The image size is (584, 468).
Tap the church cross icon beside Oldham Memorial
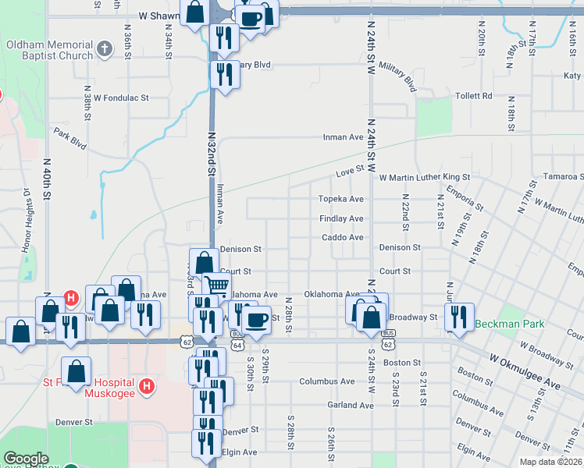(105, 51)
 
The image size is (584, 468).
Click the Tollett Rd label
(475, 96)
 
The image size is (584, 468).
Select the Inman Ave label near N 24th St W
(344, 137)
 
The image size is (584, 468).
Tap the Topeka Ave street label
(341, 200)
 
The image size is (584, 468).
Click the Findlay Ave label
(341, 219)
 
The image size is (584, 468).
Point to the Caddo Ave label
(343, 237)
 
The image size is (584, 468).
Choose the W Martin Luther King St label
(425, 178)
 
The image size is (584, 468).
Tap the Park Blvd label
(69, 139)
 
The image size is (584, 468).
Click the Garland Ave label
(351, 406)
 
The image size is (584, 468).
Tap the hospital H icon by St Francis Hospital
(145, 385)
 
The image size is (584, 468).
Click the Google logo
(26, 459)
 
